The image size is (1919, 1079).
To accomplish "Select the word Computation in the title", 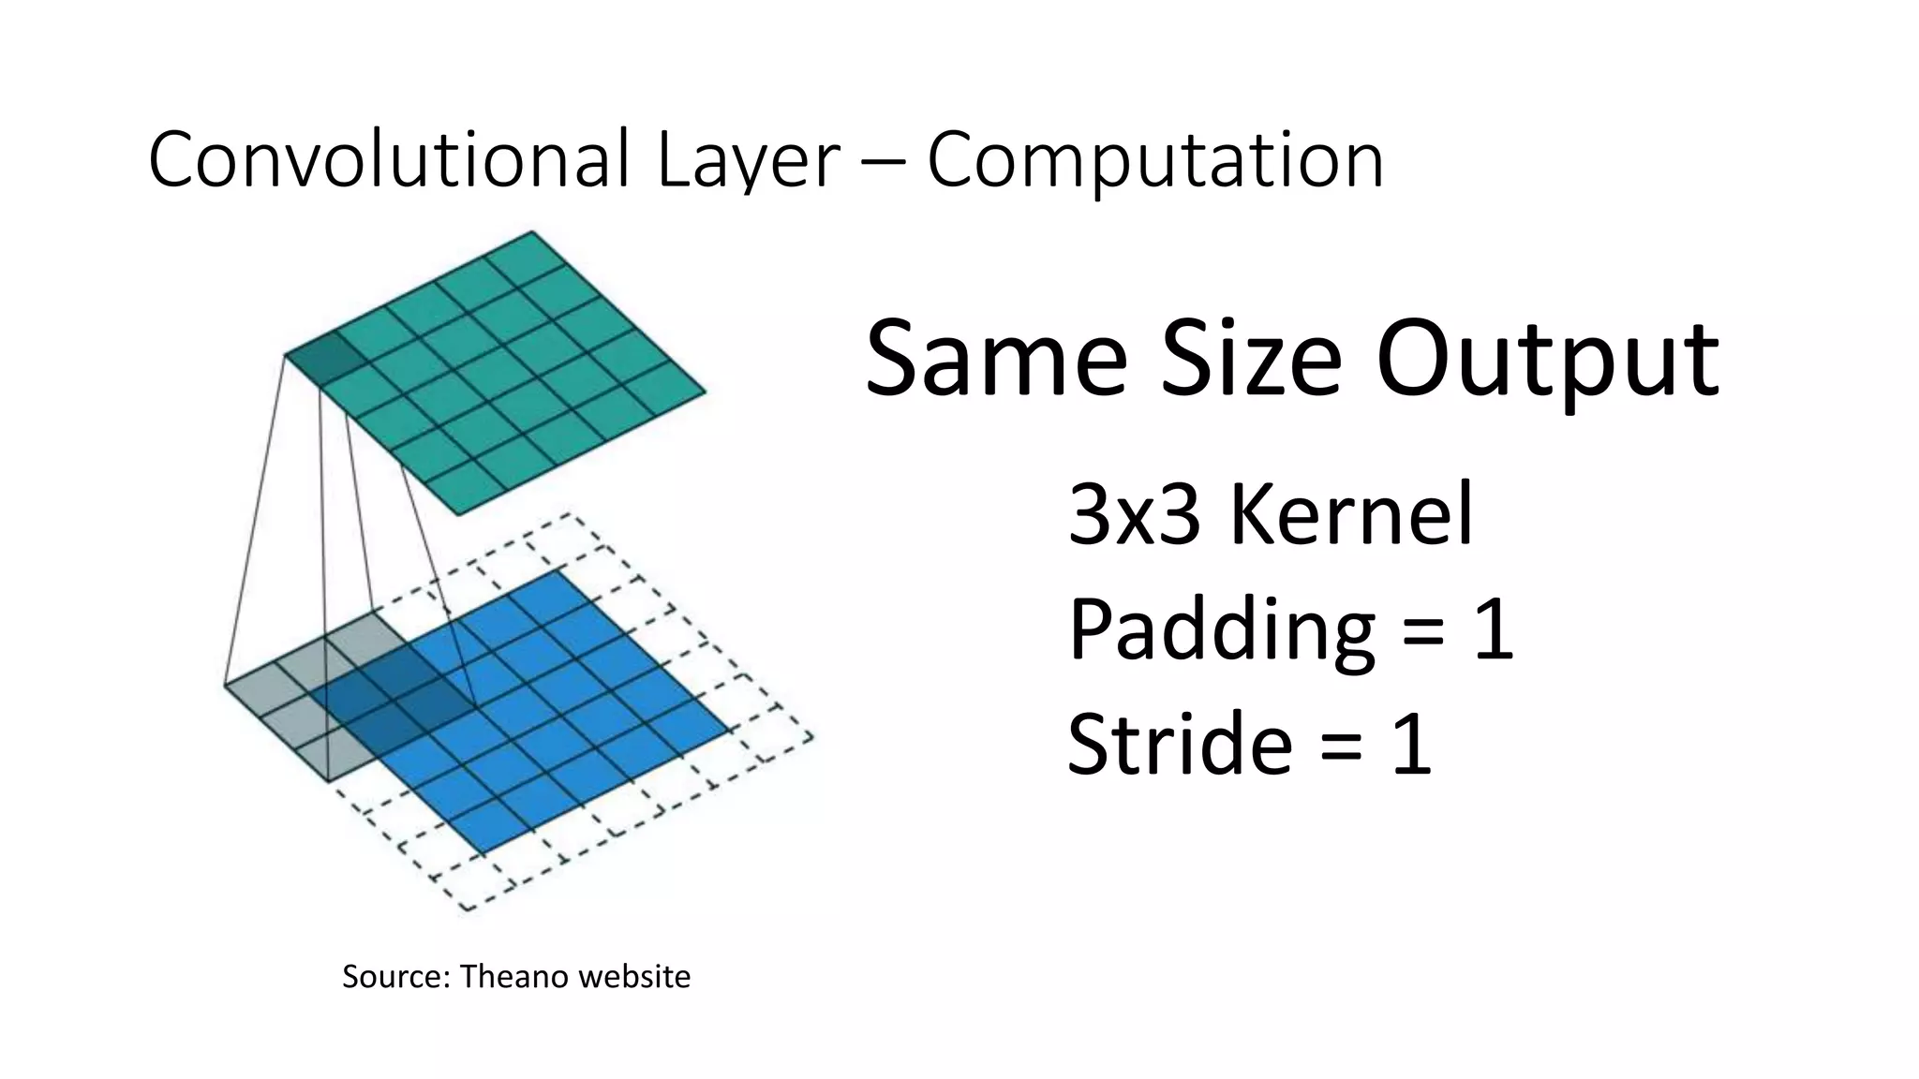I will [1154, 160].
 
